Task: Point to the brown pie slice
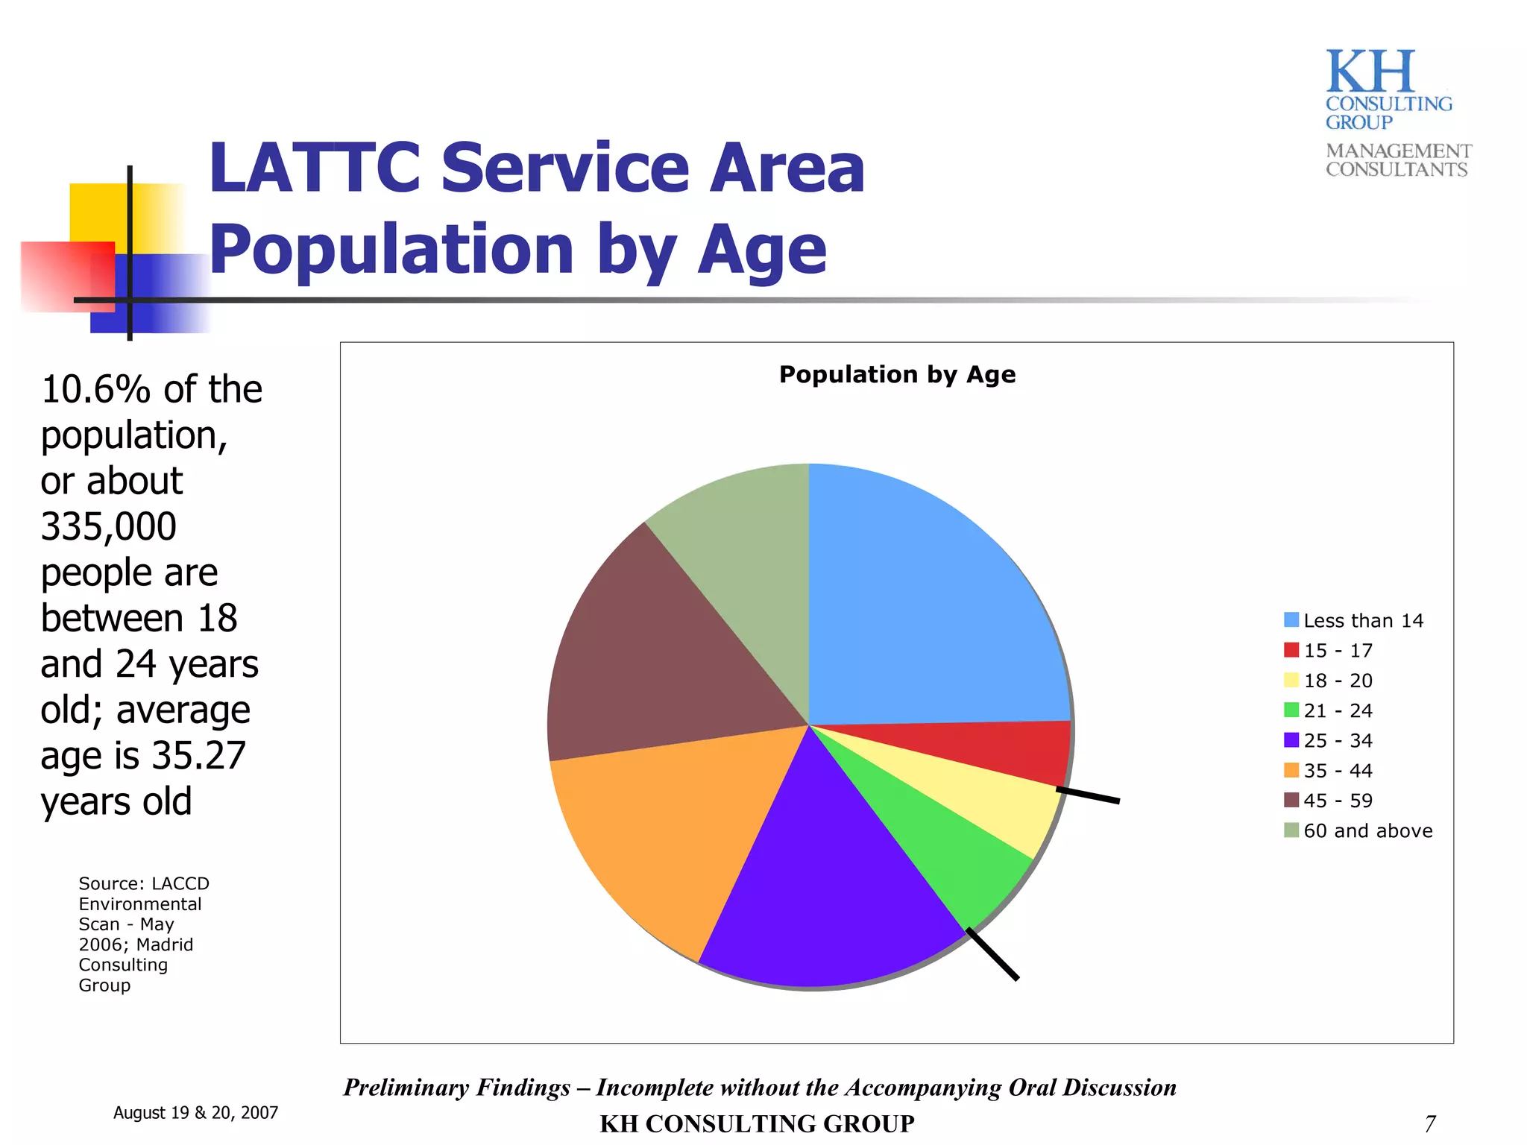point(649,656)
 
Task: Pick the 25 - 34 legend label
point(1338,740)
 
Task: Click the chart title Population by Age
point(897,374)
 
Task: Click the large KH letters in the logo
point(1370,72)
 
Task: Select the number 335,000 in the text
point(109,526)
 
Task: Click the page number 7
point(1429,1123)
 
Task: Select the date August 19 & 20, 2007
point(195,1112)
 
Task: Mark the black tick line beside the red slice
point(1088,795)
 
